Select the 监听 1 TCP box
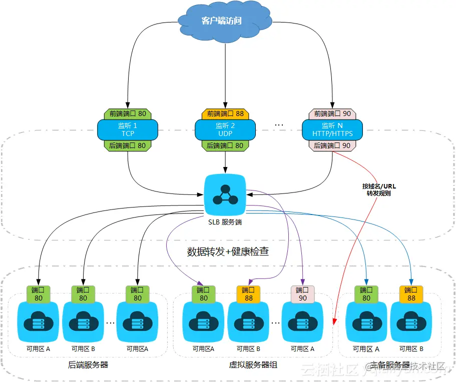[128, 129]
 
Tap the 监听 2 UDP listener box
[225, 129]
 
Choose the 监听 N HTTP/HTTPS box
[332, 129]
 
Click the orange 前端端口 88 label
[225, 113]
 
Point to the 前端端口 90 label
[332, 113]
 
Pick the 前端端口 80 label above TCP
[128, 113]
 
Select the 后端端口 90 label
[332, 145]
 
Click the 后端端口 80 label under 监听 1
[128, 145]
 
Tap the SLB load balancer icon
[225, 192]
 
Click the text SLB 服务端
[225, 221]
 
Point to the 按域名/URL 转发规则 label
[379, 189]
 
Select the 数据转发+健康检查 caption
[228, 251]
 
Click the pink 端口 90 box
[303, 294]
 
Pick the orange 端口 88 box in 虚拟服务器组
[249, 294]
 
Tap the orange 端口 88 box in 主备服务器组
[411, 294]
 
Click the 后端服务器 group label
[88, 365]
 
